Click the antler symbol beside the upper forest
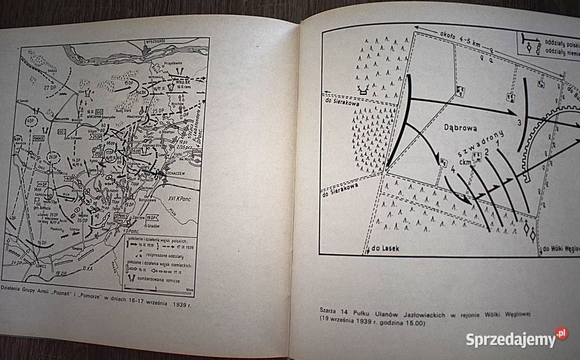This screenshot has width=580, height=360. (x=364, y=89)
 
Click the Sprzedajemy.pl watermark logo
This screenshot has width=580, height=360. (x=517, y=339)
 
